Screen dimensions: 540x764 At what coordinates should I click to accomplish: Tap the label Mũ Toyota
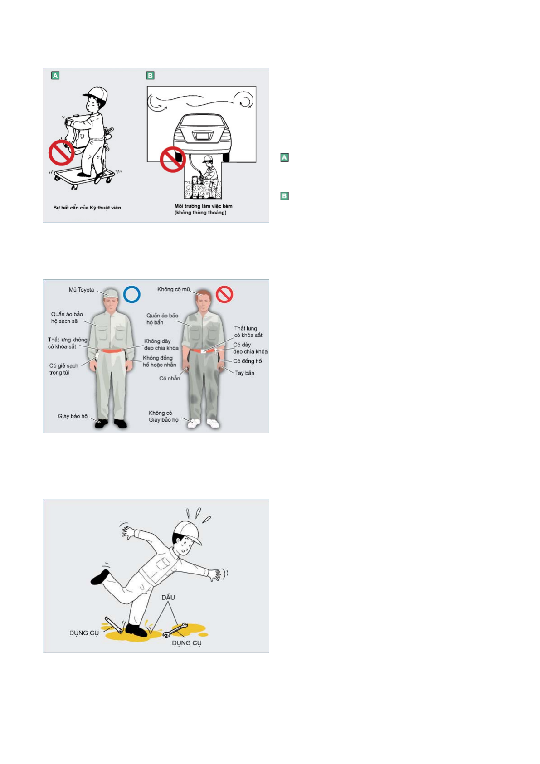click(81, 290)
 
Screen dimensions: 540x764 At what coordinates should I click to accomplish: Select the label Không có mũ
click(173, 289)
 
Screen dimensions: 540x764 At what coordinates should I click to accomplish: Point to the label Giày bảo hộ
click(73, 416)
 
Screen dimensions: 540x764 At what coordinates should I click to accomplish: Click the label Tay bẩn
click(244, 373)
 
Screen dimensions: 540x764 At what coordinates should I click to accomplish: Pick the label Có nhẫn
click(170, 378)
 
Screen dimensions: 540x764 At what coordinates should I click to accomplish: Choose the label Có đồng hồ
click(247, 361)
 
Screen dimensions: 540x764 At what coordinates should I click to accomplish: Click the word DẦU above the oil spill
click(168, 597)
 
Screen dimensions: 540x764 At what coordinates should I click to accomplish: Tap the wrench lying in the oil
click(175, 630)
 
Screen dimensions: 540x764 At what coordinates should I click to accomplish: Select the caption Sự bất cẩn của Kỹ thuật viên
click(87, 208)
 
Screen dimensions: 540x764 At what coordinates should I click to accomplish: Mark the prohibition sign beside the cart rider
click(61, 153)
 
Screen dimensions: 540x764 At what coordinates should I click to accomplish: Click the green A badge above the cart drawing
click(55, 75)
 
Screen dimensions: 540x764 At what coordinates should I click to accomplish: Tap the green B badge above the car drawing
click(150, 75)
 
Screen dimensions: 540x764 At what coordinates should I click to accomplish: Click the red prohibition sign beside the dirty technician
click(224, 294)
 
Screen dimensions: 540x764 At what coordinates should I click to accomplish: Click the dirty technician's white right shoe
click(194, 423)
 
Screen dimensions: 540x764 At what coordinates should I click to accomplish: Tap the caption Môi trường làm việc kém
click(203, 206)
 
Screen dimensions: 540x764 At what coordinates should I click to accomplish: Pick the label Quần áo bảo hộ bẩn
click(162, 319)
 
